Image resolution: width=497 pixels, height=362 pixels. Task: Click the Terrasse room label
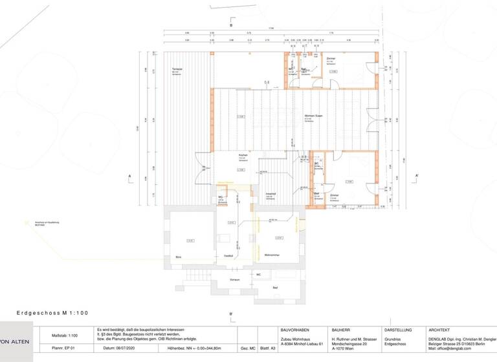pyautogui.click(x=177, y=68)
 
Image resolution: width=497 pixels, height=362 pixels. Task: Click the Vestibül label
pyautogui.click(x=228, y=256)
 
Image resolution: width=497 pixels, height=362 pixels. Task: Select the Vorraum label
pyautogui.click(x=235, y=279)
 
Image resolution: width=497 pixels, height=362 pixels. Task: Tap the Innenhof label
pyautogui.click(x=271, y=193)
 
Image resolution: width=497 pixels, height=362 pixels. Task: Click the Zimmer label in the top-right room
pyautogui.click(x=331, y=59)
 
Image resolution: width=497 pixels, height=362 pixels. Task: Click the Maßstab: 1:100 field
pyautogui.click(x=64, y=335)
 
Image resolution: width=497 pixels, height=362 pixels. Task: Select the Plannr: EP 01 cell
pyautogui.click(x=63, y=348)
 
